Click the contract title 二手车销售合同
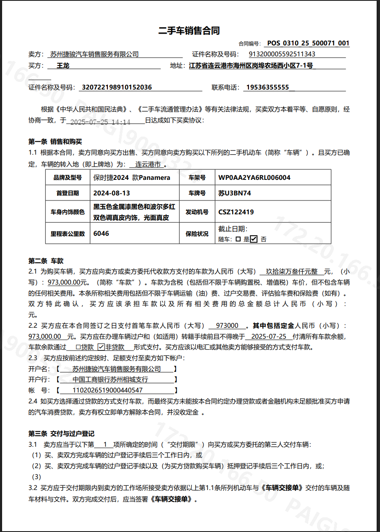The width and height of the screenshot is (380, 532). pos(189,31)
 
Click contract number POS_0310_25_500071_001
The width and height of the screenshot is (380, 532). pos(308,43)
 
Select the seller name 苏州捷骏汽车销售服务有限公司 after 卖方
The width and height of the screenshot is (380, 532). pos(94,54)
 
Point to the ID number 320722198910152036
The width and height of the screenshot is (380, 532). pos(117,87)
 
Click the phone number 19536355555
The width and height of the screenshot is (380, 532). pos(267,87)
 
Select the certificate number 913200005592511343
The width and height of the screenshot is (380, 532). pos(282,54)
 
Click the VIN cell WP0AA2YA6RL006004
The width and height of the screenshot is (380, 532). pos(254,178)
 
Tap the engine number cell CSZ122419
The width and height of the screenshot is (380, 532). pos(236,212)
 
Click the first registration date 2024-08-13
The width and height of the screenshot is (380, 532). pos(112,193)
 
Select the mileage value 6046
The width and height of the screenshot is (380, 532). pos(101,234)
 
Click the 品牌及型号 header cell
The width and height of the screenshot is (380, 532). pos(68,178)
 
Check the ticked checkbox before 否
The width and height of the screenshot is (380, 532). pos(254,239)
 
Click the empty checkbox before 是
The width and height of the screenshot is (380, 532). pos(238,239)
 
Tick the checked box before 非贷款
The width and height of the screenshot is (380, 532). pos(101,347)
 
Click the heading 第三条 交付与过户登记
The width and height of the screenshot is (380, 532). pos(61,433)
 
